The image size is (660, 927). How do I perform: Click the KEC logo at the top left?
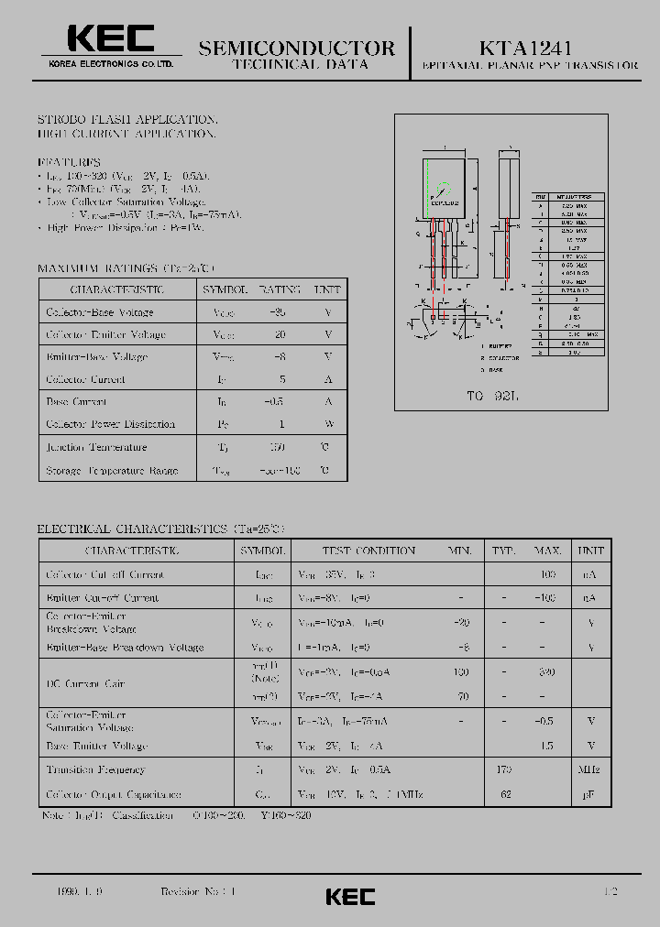111,39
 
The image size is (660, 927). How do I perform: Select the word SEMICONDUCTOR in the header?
297,48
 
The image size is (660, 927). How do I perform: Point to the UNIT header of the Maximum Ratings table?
327,289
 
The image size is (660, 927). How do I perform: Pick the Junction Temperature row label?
96,447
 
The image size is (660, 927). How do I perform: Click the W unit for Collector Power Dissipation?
327,424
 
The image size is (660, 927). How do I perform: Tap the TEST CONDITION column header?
368,551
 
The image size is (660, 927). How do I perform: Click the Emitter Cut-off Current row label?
102,597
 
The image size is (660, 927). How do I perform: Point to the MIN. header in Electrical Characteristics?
460,551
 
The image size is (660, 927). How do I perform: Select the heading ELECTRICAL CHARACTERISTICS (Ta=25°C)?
161,529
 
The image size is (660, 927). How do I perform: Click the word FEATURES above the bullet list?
69,161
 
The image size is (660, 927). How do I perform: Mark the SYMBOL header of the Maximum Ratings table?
225,289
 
